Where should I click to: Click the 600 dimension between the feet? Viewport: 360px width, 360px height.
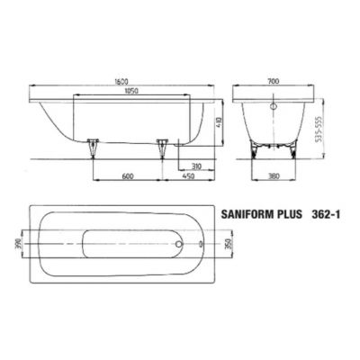[130, 177]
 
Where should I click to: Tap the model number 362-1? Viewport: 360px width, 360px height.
[338, 216]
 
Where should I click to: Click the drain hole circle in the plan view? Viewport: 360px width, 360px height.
[178, 243]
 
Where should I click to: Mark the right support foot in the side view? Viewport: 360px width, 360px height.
[162, 149]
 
